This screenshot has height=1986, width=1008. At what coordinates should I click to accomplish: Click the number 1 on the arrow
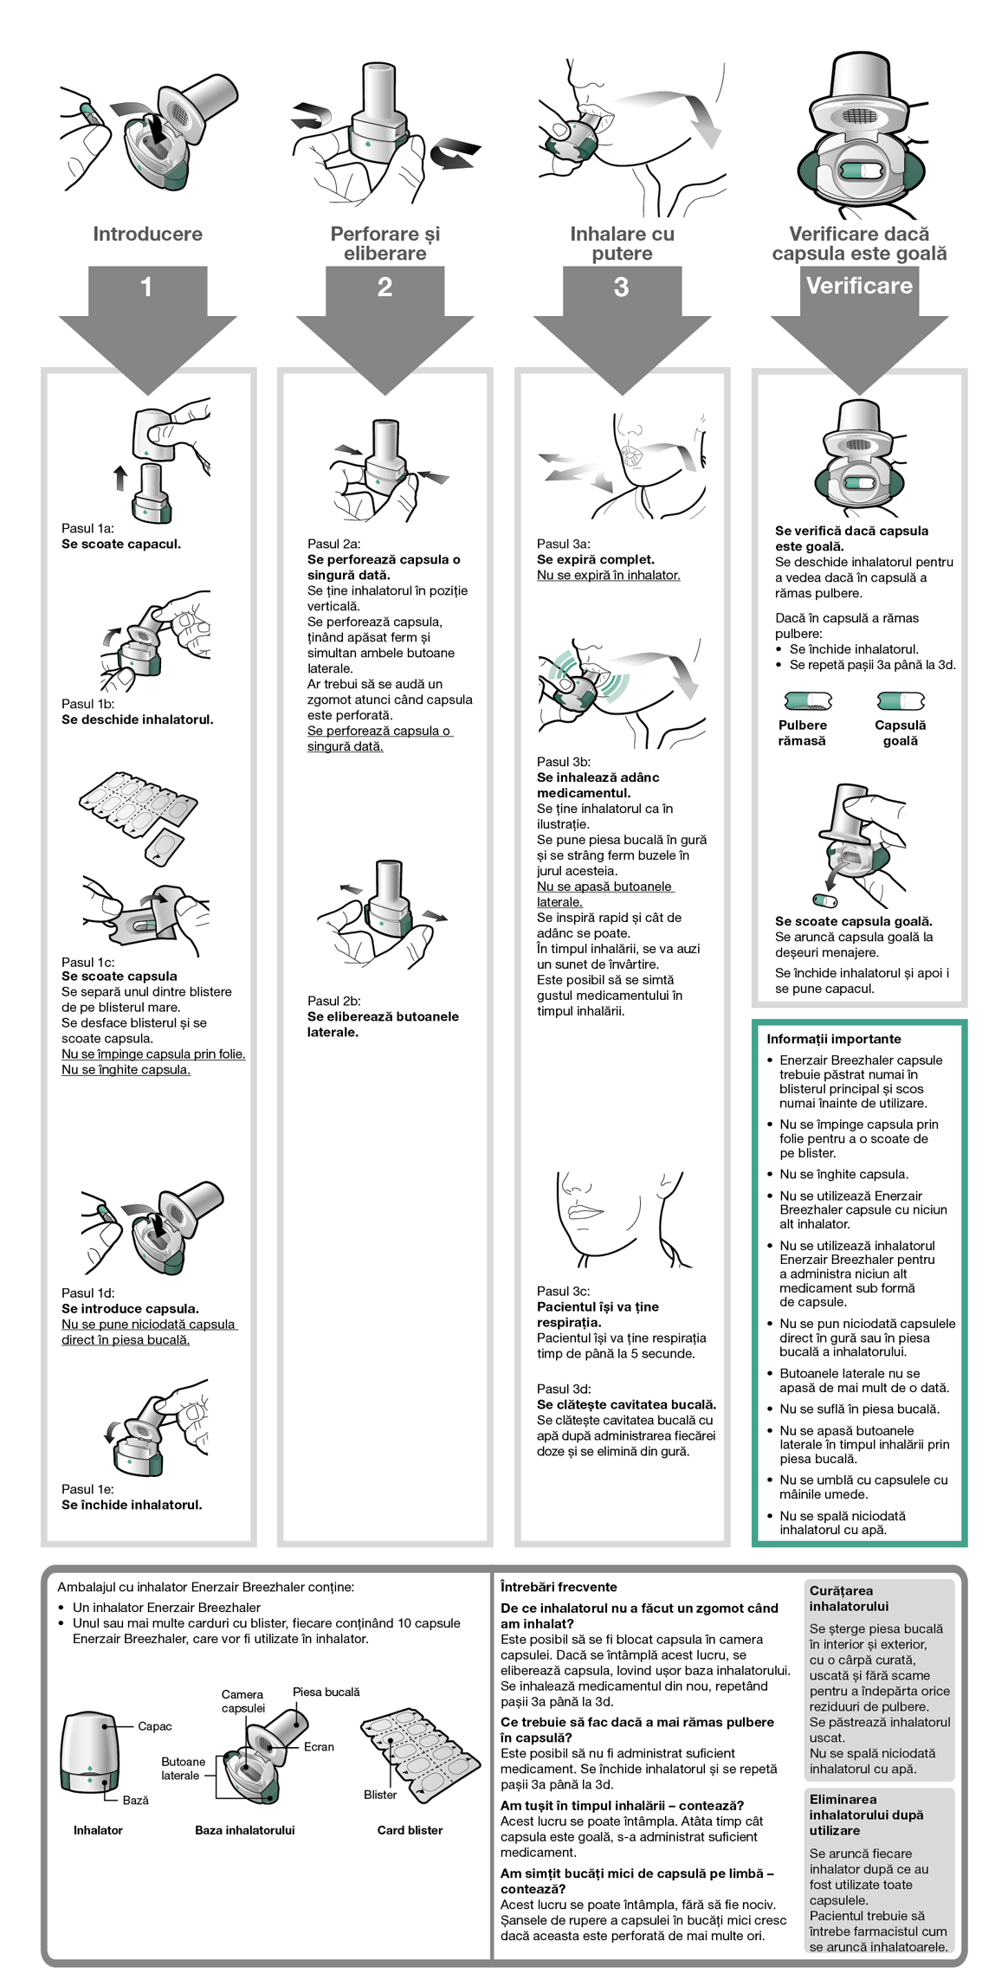tap(146, 287)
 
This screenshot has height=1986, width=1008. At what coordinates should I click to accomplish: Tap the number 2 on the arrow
tap(384, 287)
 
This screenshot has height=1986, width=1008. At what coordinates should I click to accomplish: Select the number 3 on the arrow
tap(621, 287)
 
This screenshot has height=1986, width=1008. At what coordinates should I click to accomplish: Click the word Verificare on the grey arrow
tap(859, 286)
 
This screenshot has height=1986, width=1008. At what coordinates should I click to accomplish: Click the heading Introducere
tap(147, 234)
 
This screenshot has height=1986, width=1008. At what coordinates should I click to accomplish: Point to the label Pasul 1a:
tap(87, 528)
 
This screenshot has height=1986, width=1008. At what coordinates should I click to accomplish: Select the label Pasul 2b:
tap(334, 1001)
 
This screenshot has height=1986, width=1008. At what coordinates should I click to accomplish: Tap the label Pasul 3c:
tap(563, 1291)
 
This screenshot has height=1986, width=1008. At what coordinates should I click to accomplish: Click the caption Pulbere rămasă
tap(802, 732)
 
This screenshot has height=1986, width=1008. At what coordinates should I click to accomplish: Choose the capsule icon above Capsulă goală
tap(900, 700)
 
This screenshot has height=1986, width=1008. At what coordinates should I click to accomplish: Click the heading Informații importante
tap(833, 1039)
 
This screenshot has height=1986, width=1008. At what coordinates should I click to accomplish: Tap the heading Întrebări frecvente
tap(559, 1587)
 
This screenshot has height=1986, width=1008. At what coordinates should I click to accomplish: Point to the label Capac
tap(154, 1726)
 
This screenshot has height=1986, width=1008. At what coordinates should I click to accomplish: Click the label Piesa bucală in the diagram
tap(326, 1692)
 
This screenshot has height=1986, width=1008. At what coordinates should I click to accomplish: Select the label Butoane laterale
tap(183, 1768)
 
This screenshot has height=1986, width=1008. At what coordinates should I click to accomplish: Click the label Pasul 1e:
tap(87, 1489)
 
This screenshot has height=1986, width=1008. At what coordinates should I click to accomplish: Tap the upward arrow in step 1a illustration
tap(120, 478)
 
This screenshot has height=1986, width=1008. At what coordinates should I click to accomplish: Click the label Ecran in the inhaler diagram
tap(319, 1747)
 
